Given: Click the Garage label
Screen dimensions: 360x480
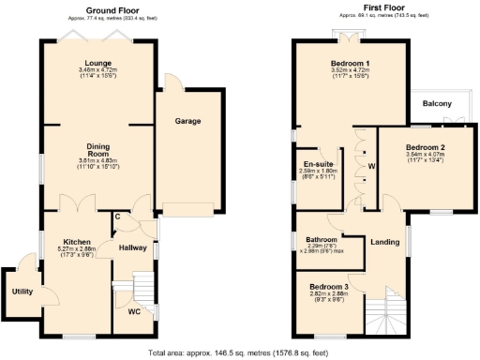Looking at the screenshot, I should pyautogui.click(x=188, y=122).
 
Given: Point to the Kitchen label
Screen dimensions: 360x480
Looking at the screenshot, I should pyautogui.click(x=76, y=241).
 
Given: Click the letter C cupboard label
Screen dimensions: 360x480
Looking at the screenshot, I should pyautogui.click(x=116, y=217).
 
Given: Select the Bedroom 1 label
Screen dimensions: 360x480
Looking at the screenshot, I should pyautogui.click(x=349, y=63).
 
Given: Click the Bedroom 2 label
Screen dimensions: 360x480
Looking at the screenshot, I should pyautogui.click(x=425, y=148).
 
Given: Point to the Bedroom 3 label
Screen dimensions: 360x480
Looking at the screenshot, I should pyautogui.click(x=328, y=286).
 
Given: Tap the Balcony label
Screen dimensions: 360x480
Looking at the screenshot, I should pyautogui.click(x=437, y=103).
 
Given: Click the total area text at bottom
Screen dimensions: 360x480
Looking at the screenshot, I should pyautogui.click(x=238, y=353).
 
